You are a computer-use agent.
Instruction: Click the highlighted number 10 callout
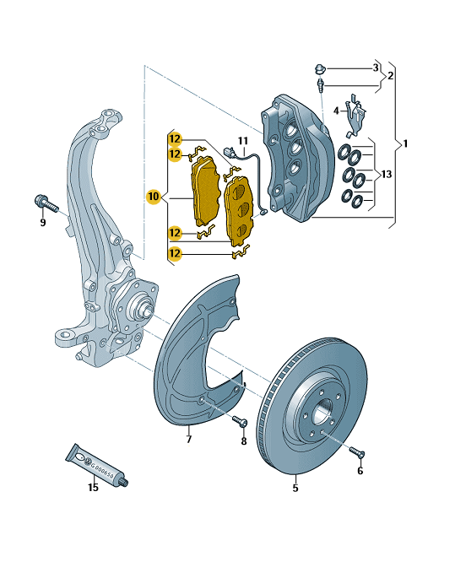pyautogui.click(x=154, y=197)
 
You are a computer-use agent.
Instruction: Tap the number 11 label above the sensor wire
pyautogui.click(x=243, y=141)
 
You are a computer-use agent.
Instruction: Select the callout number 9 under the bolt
pyautogui.click(x=43, y=223)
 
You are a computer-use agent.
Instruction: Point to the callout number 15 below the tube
pyautogui.click(x=93, y=488)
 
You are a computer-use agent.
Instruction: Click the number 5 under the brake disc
pyautogui.click(x=295, y=488)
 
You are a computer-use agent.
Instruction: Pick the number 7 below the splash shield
pyautogui.click(x=189, y=439)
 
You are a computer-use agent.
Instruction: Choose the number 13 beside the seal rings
pyautogui.click(x=387, y=175)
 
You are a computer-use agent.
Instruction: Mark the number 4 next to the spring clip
pyautogui.click(x=336, y=111)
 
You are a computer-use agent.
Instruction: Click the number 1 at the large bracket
pyautogui.click(x=405, y=143)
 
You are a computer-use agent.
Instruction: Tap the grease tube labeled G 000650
pyautogui.click(x=97, y=465)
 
